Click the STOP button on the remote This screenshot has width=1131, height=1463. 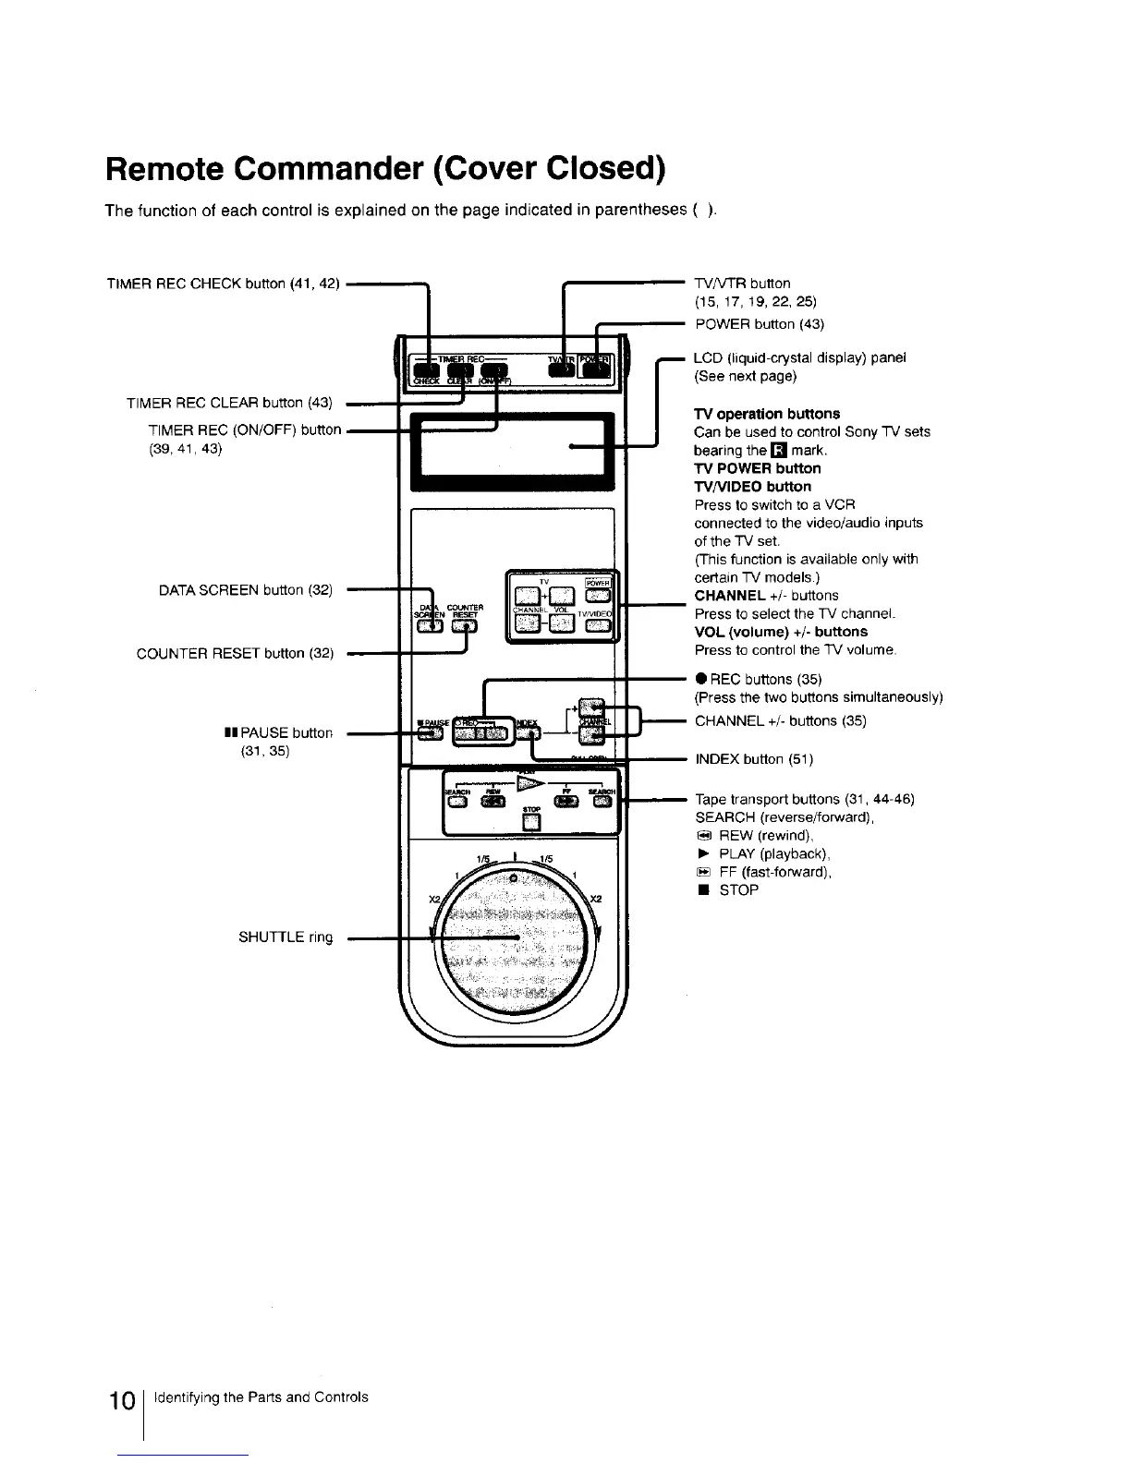(x=530, y=825)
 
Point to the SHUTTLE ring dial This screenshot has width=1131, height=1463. (x=514, y=939)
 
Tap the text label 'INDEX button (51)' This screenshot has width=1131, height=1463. (x=754, y=759)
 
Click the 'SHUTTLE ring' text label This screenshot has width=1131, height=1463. (x=286, y=937)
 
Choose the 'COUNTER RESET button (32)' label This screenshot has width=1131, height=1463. (x=235, y=654)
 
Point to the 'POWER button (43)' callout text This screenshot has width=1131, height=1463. (x=760, y=323)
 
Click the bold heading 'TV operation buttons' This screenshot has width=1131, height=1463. (x=767, y=413)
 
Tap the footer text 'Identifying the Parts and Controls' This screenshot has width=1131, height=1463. (x=261, y=1396)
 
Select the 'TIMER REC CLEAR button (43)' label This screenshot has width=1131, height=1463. (x=229, y=402)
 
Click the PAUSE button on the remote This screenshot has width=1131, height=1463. (x=430, y=734)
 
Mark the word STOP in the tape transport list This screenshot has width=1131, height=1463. (x=738, y=890)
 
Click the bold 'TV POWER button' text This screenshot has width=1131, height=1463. (x=757, y=468)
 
